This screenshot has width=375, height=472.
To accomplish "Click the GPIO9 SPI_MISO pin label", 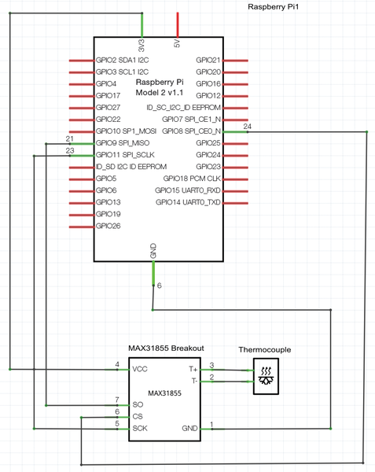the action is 123,143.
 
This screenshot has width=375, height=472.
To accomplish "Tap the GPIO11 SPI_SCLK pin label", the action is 125,155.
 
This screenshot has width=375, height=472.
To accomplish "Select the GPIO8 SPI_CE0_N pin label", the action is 192,131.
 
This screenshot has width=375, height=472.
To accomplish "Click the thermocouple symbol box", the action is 267,376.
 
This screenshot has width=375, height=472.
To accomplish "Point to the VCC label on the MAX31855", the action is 140,369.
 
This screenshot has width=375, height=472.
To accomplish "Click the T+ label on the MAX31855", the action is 193,369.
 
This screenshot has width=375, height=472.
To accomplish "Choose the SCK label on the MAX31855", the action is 140,429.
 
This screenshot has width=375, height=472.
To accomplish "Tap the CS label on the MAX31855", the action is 138,417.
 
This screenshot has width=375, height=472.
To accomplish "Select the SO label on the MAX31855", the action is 138,404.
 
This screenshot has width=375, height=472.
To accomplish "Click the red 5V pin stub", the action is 178,24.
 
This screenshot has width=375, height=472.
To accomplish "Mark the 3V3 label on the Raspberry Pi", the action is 142,46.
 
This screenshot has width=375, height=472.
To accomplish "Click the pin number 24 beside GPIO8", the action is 247,127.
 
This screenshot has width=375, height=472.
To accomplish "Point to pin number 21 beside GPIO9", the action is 69,138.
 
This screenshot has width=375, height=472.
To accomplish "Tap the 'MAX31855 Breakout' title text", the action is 166,348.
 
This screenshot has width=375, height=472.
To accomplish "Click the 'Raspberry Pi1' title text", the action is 273,7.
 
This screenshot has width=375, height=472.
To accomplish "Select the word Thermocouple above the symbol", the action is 265,350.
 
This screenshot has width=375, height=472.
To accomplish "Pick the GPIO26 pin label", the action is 108,226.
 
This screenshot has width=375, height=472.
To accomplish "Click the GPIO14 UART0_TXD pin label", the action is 188,202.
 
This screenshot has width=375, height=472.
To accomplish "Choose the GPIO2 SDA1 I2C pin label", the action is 122,61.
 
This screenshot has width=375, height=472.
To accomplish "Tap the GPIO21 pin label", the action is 208,61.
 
